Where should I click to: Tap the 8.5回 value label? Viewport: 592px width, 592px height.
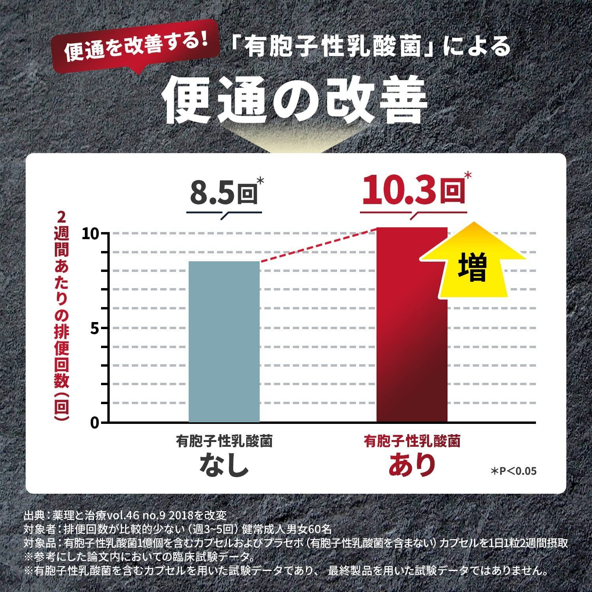click(223, 193)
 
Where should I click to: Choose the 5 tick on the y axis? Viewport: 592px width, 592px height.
click(94, 328)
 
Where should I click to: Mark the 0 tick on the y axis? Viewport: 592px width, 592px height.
click(94, 423)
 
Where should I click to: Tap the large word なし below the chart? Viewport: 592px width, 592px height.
click(224, 465)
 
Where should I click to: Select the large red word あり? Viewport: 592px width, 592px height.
click(412, 465)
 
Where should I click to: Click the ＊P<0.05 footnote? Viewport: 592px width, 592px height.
click(513, 471)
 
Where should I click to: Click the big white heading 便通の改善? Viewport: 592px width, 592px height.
click(296, 100)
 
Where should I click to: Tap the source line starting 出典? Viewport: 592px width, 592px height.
click(125, 515)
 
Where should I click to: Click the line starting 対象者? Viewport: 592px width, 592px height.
click(178, 529)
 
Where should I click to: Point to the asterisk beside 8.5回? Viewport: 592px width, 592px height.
click(260, 181)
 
